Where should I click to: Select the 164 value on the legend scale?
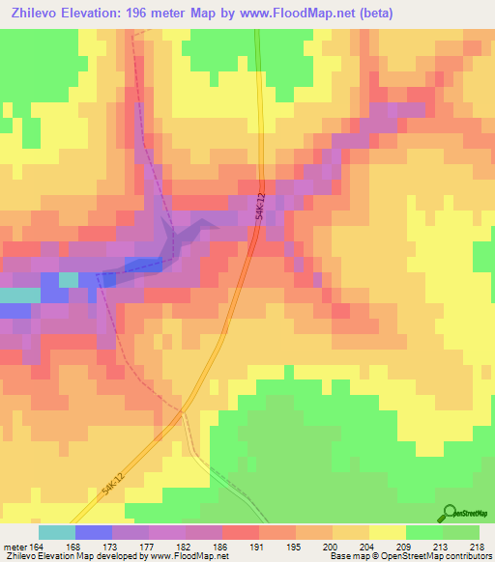[x=39, y=546]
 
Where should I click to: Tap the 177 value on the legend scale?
[x=149, y=546]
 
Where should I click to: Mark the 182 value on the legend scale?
[x=186, y=546]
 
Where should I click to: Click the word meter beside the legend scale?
[x=14, y=546]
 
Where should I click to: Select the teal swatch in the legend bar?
[x=57, y=532]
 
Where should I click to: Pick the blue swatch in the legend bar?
[x=94, y=532]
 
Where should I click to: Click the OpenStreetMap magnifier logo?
[x=450, y=514]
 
